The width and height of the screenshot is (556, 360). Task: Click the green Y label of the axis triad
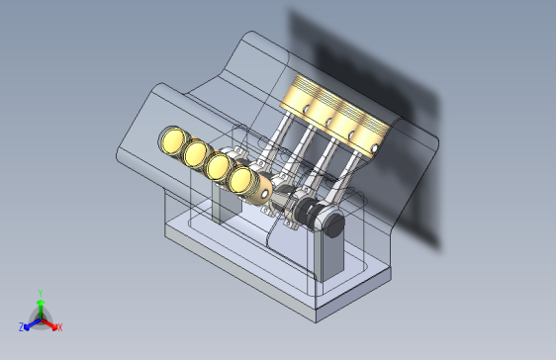click(41, 294)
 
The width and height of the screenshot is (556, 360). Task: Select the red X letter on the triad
click(60, 327)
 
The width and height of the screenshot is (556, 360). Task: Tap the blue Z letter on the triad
click(22, 326)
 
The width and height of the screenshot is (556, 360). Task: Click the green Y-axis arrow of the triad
click(41, 309)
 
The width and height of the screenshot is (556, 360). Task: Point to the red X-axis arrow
click(48, 323)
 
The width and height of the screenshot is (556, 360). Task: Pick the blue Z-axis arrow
click(33, 323)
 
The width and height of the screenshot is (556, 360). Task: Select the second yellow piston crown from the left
click(195, 153)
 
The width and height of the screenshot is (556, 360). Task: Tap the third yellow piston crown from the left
click(218, 166)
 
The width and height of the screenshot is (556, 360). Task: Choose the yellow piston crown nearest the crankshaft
click(240, 180)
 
